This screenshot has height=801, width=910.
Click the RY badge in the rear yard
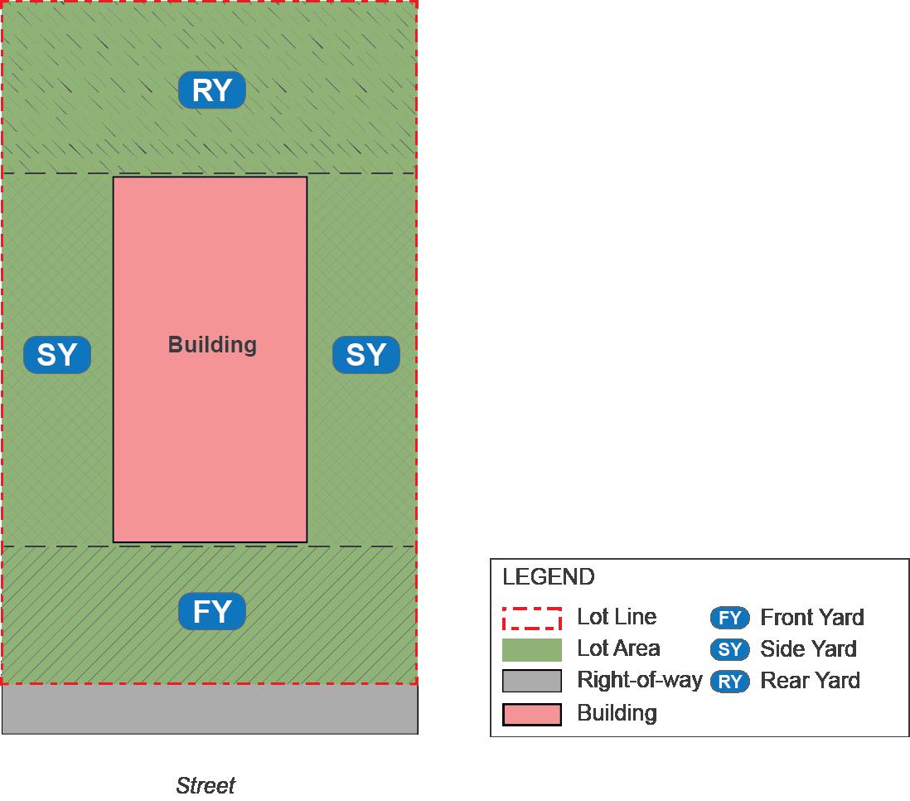212,90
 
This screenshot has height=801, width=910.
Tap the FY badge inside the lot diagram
212,612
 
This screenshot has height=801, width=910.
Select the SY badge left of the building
57,355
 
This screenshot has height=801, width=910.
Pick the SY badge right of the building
366,355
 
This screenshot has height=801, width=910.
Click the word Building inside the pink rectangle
212,345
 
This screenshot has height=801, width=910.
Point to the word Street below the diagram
206,785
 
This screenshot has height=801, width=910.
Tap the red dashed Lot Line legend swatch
532,619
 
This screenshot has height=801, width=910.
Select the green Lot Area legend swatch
532,649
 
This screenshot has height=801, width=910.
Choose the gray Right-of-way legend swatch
532,681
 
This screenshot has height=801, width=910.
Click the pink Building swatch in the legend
532,713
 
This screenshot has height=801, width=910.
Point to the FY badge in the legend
730,618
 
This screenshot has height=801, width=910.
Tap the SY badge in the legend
730,649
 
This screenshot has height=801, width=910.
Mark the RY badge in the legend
730,682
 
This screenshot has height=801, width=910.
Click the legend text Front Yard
812,618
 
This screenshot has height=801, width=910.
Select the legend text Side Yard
808,649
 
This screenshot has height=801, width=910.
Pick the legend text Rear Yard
810,681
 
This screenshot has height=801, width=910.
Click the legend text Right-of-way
639,681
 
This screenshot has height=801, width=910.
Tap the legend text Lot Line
617,617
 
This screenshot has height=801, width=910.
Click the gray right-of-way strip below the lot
210,709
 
